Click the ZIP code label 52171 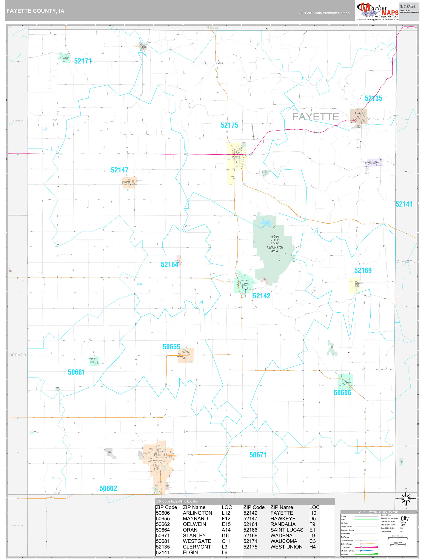[x=82, y=61]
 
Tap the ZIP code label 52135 [x=373, y=98]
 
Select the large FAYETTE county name [x=316, y=117]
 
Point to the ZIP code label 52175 [x=229, y=125]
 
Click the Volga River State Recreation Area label [x=275, y=244]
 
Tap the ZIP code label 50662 [x=108, y=488]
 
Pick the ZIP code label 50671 [x=258, y=455]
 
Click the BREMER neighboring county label [x=18, y=355]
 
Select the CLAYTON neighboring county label [x=406, y=262]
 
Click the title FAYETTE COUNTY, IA [x=35, y=11]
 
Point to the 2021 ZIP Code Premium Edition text [x=324, y=13]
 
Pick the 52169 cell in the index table [x=250, y=536]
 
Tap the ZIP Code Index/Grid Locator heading [x=177, y=501]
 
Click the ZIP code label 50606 [x=342, y=392]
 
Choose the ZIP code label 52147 [x=119, y=170]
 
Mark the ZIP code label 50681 [x=76, y=372]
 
